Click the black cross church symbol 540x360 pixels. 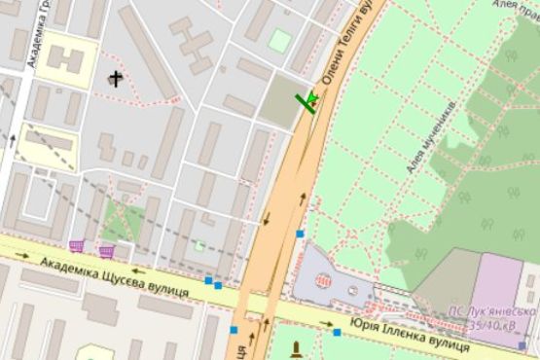pyautogui.click(x=117, y=79)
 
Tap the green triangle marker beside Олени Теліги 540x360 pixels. pyautogui.click(x=311, y=100)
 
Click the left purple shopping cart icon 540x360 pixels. pyautogui.click(x=77, y=245)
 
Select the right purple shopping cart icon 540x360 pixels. pyautogui.click(x=106, y=251)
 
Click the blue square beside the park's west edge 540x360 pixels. pyautogui.click(x=300, y=234)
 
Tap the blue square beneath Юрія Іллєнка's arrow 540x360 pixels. pyautogui.click(x=337, y=333)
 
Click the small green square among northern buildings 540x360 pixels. pyautogui.click(x=280, y=40)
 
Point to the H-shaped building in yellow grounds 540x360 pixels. pyautogui.click(x=65, y=58)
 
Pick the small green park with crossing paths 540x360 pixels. pyautogui.click(x=122, y=224)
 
